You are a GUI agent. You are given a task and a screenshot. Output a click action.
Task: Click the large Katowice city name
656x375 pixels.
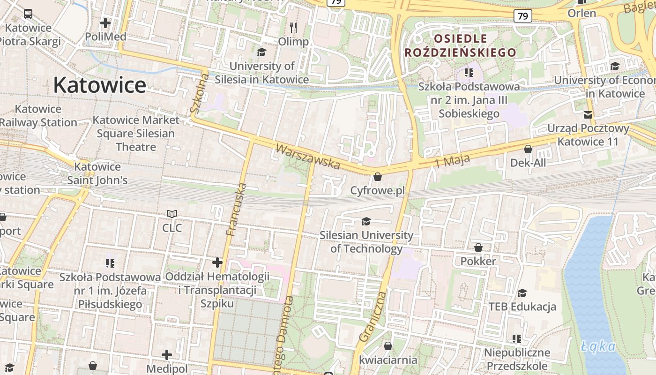(99, 85)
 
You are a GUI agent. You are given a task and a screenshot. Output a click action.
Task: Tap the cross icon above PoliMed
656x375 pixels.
(105, 22)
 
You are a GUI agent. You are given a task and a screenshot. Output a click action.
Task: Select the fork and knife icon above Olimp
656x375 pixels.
(293, 27)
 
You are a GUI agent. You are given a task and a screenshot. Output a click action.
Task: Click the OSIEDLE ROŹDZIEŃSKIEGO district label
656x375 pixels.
(460, 45)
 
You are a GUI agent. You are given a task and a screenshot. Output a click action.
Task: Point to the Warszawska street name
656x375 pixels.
(307, 157)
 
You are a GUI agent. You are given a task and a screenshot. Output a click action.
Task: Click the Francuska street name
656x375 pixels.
(236, 209)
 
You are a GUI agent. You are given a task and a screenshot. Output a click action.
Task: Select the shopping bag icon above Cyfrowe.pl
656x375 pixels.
(377, 177)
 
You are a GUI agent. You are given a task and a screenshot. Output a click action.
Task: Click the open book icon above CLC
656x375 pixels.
(172, 214)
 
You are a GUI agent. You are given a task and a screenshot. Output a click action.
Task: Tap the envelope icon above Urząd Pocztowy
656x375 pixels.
(588, 115)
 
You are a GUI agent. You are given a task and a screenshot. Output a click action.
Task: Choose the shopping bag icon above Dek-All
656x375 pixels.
(528, 149)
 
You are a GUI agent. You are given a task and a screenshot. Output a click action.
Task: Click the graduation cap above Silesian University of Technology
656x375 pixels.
(366, 221)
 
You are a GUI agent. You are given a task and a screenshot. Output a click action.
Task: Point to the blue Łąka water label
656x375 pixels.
(598, 346)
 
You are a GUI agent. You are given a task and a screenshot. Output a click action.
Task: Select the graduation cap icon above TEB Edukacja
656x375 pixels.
(522, 293)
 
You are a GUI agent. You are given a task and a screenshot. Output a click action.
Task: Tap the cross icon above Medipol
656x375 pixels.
(167, 355)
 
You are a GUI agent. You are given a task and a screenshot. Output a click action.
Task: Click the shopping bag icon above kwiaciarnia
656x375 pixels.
(388, 346)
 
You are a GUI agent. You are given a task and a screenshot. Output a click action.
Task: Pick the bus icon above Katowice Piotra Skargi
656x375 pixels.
(28, 14)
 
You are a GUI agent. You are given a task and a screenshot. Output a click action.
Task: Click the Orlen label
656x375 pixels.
(581, 13)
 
